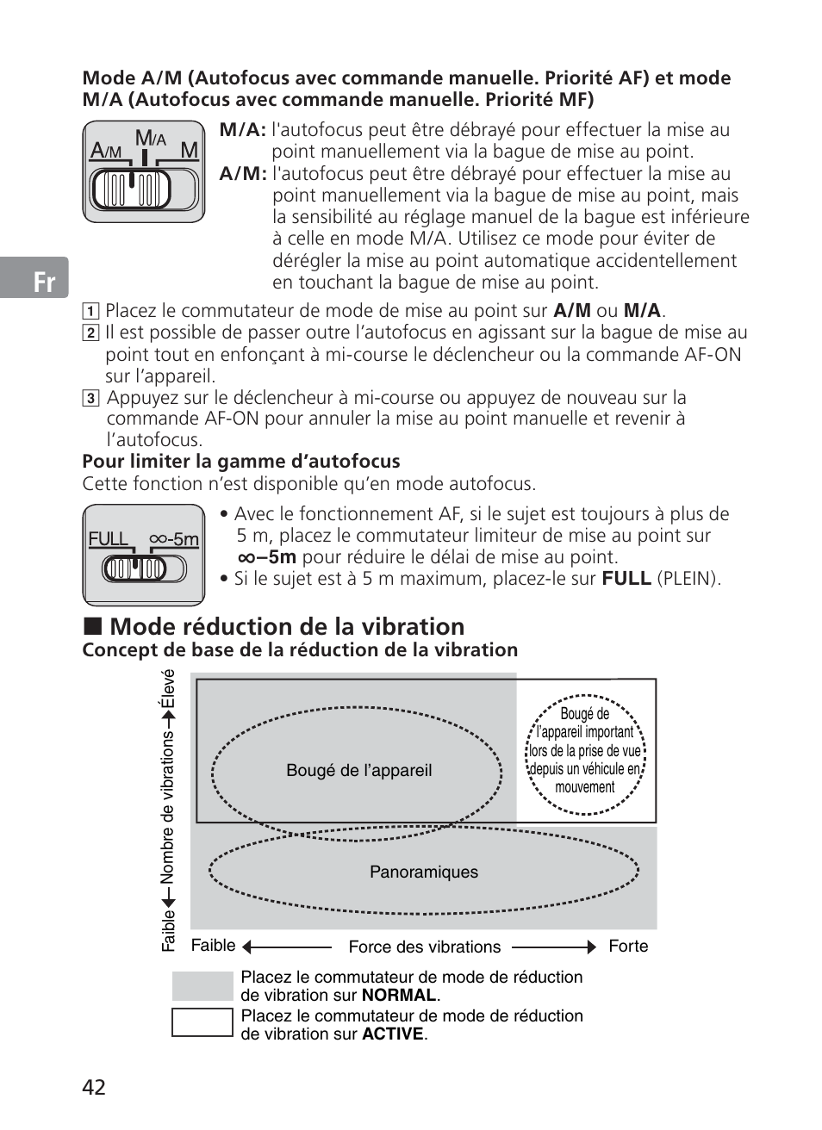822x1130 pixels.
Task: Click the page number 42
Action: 94,1087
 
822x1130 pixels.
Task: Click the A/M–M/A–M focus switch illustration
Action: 144,172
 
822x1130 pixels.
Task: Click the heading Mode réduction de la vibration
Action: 287,626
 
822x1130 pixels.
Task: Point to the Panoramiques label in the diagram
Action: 424,872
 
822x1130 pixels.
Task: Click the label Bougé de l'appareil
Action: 358,771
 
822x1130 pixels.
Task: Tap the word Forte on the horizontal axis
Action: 628,946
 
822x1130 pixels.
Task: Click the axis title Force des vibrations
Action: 424,947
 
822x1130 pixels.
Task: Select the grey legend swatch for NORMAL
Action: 202,986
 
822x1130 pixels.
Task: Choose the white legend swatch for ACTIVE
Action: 202,1023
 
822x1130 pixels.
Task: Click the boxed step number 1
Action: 90,312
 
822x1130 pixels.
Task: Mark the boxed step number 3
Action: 90,398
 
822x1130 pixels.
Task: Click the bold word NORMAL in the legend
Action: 399,996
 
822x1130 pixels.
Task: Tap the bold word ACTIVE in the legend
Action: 393,1034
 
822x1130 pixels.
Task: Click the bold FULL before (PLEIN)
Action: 626,579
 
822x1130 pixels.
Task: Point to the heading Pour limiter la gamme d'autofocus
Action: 241,462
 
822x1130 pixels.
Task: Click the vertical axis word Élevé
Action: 168,688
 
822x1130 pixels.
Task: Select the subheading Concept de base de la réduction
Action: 300,650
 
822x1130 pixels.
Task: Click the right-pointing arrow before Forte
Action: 589,947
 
